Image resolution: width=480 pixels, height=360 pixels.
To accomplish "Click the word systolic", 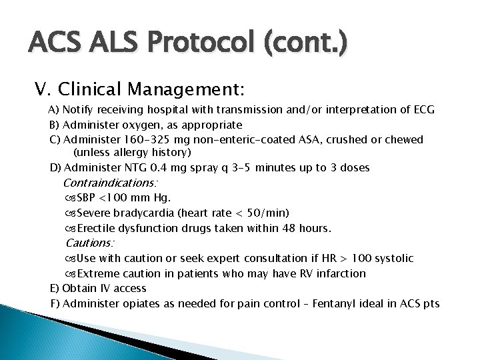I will (393, 258).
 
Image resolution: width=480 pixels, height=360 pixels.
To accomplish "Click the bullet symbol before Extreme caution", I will (71, 273).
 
